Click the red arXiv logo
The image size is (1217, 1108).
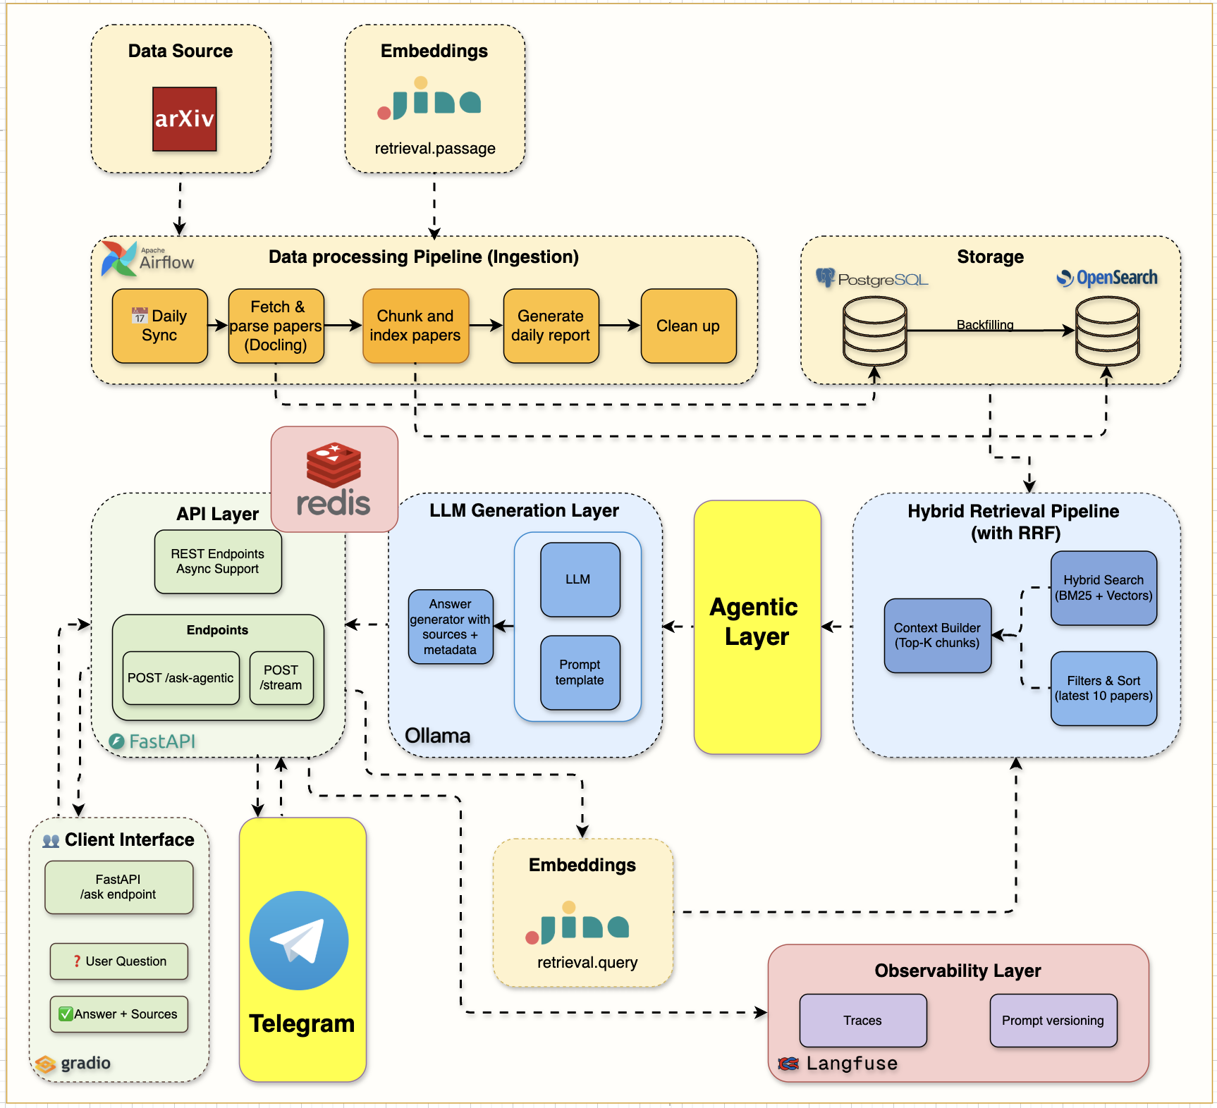184,119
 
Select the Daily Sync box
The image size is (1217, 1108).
160,326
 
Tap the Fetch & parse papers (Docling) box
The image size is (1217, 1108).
276,326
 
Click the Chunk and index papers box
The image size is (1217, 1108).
415,326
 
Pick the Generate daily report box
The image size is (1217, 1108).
551,326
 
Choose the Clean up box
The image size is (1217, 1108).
688,326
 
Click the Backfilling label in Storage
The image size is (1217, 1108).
984,325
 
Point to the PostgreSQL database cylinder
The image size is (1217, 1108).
875,331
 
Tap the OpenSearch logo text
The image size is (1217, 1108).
1116,278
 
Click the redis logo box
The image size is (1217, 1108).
334,479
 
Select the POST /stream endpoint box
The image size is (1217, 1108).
281,678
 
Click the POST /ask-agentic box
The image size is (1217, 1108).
181,678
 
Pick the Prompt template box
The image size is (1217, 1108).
580,672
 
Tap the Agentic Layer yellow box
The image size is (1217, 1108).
757,627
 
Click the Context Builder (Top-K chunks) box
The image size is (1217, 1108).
937,636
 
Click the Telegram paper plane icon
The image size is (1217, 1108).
299,941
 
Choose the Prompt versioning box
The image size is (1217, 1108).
1053,1021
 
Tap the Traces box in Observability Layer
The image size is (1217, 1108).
862,1021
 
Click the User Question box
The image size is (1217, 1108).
119,961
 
